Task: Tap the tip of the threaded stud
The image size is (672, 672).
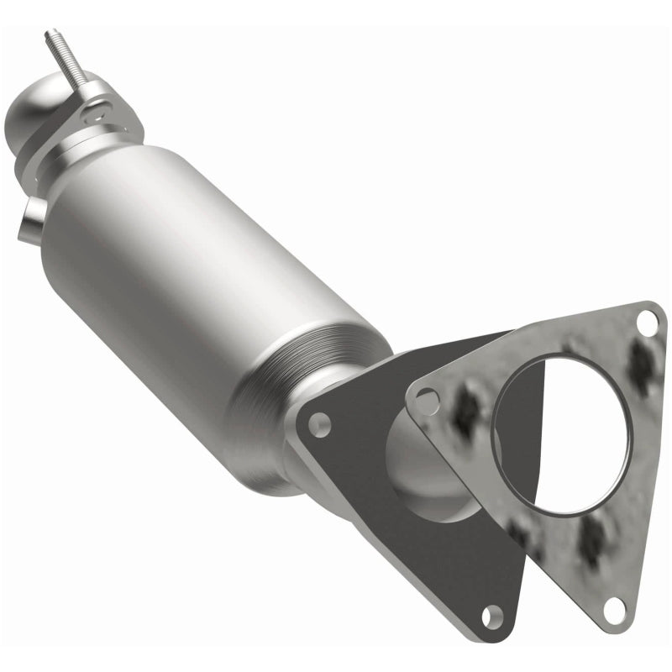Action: click(x=49, y=34)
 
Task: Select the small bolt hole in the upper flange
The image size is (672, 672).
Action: click(x=102, y=107)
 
